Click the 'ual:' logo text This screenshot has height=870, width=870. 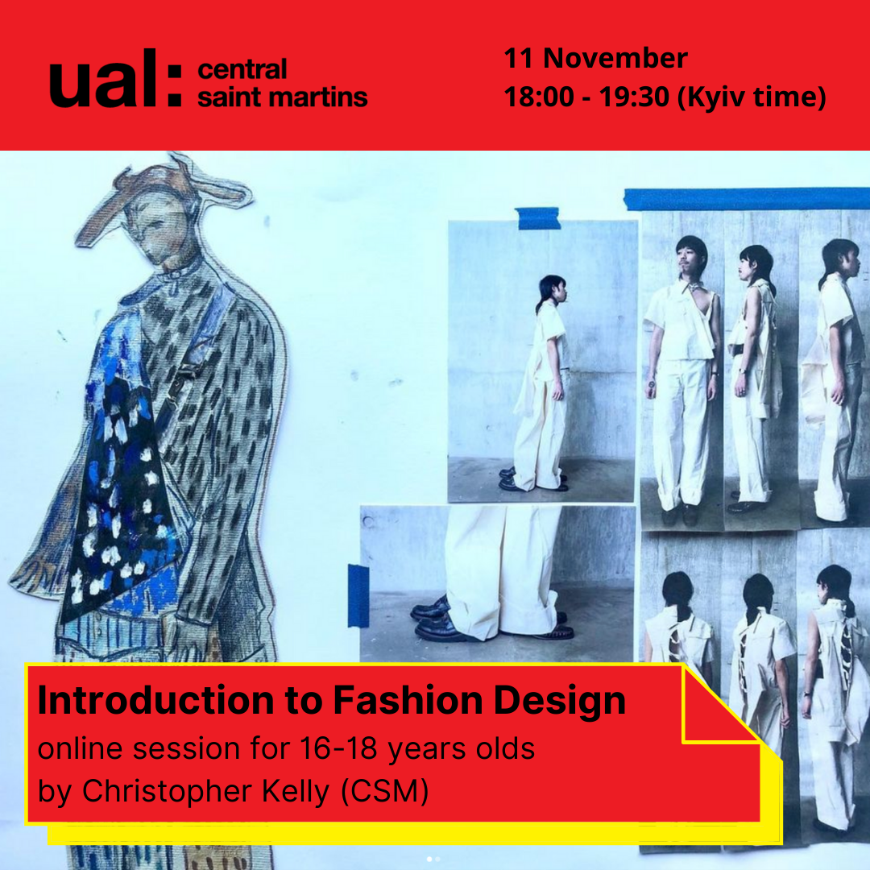pos(115,78)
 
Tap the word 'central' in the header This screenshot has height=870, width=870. pos(242,70)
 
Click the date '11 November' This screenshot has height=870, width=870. pos(595,58)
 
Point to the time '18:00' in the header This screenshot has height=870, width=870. pos(539,97)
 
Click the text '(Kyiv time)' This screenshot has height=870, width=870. pos(752,97)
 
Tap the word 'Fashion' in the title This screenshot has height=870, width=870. pos(408,700)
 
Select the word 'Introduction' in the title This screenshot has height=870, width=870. pos(156,700)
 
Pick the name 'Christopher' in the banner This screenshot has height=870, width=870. pos(167,792)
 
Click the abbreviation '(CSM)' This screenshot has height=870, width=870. pos(384,791)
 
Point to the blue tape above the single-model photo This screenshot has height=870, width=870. pos(537,218)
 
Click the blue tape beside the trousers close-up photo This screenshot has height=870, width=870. pos(358,596)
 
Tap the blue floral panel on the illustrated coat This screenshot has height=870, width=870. pos(119,483)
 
